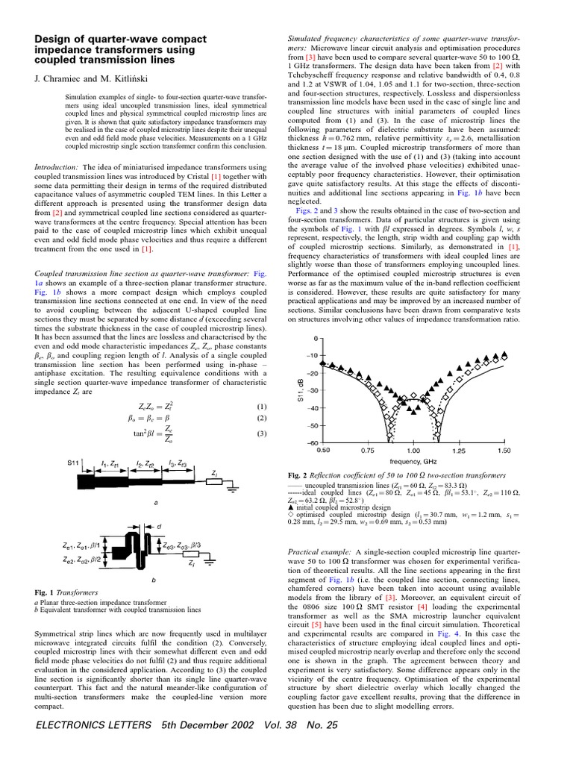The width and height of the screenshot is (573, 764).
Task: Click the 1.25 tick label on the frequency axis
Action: tap(458, 450)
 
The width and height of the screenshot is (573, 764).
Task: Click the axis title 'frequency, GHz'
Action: tap(414, 461)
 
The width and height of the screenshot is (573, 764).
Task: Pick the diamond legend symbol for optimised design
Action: tap(290, 515)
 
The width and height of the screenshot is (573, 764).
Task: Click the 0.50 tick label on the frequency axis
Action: tap(323, 450)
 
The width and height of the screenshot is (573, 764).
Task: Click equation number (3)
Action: tap(261, 433)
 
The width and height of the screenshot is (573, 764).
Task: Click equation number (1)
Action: tap(261, 407)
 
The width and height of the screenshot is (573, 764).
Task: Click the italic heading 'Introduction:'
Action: tap(58, 167)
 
